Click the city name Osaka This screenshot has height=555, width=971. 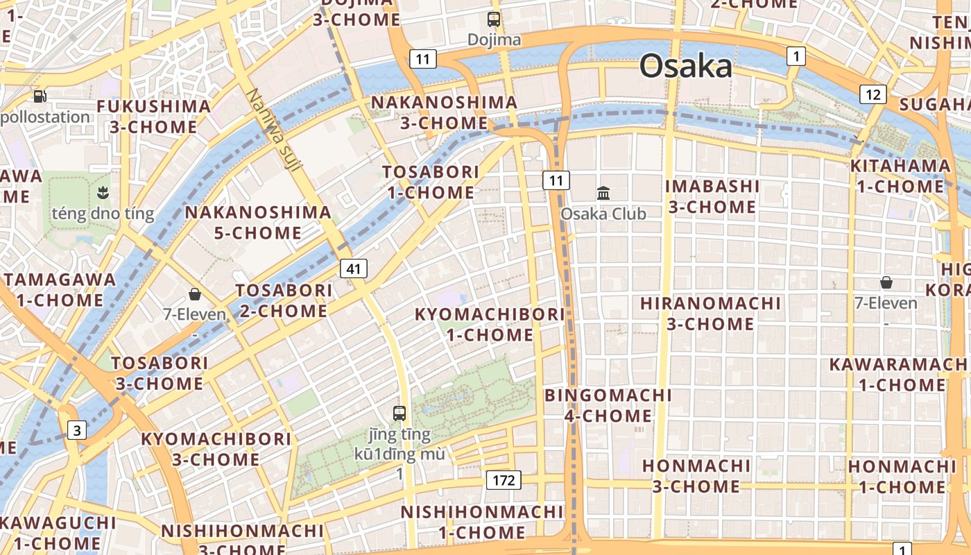click(685, 67)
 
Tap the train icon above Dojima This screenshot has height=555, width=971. click(494, 19)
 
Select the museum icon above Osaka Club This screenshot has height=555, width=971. click(603, 193)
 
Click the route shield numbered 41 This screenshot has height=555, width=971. click(354, 268)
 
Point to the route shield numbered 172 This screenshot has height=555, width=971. click(504, 479)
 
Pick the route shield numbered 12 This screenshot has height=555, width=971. click(873, 94)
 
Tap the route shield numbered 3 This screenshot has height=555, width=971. click(77, 430)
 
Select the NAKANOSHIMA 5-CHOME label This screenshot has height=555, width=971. click(257, 222)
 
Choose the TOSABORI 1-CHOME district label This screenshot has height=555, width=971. click(431, 182)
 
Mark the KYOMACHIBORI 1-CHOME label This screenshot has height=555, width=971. click(490, 325)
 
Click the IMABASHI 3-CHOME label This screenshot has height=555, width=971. click(712, 196)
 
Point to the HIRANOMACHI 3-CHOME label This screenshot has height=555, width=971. click(710, 314)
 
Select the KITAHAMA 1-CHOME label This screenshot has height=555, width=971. click(900, 176)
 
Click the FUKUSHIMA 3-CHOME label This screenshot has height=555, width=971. click(153, 117)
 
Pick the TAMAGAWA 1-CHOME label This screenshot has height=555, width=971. click(60, 290)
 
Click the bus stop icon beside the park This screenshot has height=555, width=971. click(399, 413)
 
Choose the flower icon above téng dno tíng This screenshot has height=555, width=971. click(103, 192)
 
